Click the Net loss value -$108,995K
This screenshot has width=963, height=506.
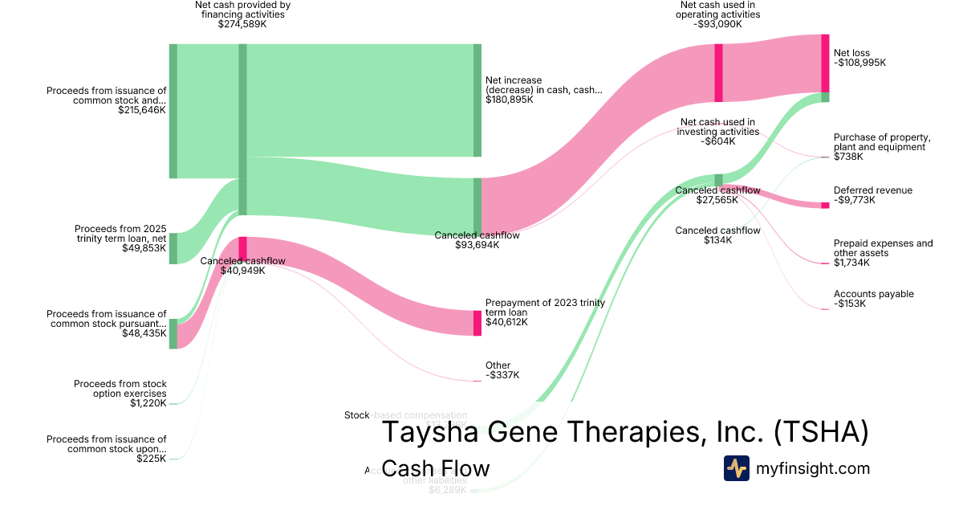(860, 62)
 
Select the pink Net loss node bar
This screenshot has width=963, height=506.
(825, 64)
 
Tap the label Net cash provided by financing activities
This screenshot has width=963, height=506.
(243, 9)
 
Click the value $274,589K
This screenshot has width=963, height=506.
(243, 25)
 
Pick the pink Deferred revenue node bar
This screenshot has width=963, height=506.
(825, 206)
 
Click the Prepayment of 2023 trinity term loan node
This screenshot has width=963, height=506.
(477, 323)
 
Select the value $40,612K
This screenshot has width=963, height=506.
(506, 322)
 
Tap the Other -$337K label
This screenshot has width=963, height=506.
(502, 370)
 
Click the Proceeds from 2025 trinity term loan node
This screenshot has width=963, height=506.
(173, 248)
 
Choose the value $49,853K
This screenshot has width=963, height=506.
(144, 249)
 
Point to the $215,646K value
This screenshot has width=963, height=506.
(142, 111)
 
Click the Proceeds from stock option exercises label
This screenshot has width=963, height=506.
(120, 389)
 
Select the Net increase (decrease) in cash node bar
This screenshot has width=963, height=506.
(477, 100)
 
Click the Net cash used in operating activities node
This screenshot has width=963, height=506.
(718, 73)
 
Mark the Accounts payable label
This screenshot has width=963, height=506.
(873, 294)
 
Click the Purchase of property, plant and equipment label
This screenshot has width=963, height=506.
(881, 142)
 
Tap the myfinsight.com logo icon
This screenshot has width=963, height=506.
(736, 468)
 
